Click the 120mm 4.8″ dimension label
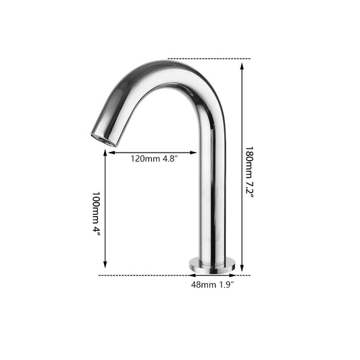tap(154, 159)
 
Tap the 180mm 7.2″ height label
tap(249, 172)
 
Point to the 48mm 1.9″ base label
tap(212, 285)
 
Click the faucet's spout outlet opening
tap(103, 139)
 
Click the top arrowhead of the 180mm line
tap(242, 67)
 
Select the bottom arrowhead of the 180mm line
tap(242, 267)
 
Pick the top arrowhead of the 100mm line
tap(105, 153)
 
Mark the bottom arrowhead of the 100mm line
tap(105, 264)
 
